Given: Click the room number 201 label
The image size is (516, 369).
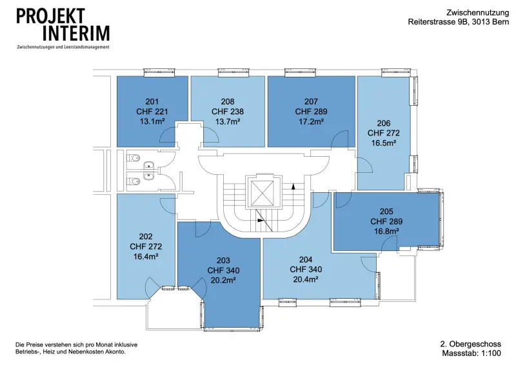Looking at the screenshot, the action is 152,101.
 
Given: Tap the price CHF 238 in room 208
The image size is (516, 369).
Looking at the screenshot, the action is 228,112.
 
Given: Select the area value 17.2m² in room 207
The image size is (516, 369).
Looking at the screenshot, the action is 311,121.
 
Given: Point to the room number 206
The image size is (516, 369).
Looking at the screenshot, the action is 383,123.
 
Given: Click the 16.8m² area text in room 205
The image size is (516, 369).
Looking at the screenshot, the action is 386,231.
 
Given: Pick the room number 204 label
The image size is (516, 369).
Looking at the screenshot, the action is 306,259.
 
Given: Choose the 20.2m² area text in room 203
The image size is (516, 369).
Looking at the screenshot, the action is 223,281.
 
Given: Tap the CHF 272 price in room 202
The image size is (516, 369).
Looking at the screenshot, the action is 146,246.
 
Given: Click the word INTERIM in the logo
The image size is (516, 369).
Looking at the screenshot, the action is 76,34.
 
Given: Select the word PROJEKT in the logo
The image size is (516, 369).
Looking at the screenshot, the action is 51,16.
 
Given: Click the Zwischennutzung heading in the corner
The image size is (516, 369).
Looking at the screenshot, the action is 477,13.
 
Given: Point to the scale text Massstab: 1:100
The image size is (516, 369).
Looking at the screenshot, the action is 471,354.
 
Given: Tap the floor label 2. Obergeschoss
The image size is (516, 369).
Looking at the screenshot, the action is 471,344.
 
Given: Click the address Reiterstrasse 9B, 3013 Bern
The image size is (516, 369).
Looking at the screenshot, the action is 459,22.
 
